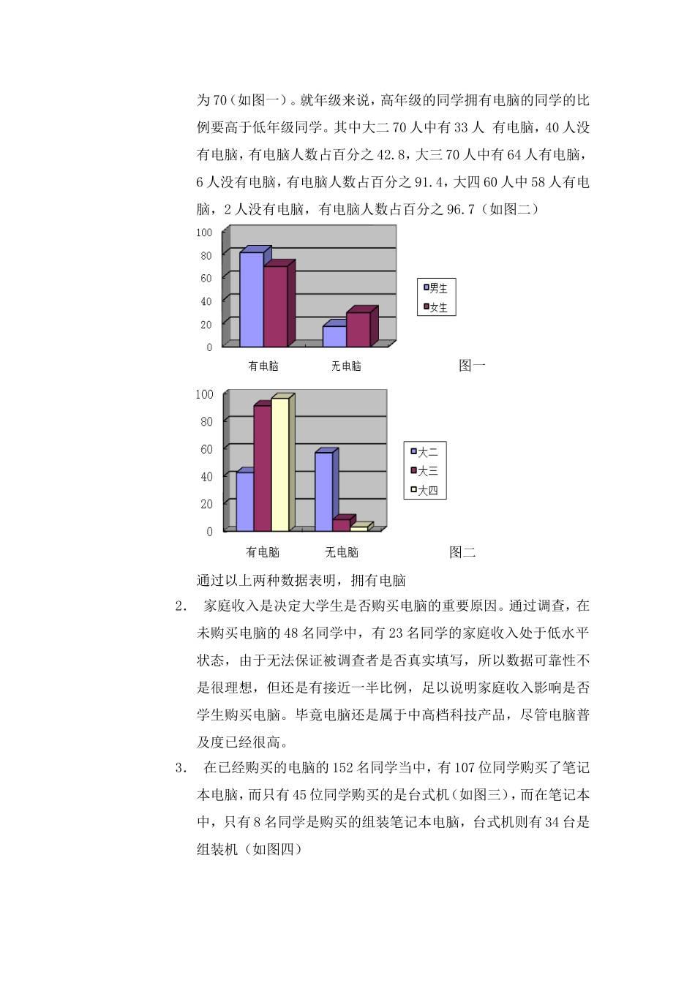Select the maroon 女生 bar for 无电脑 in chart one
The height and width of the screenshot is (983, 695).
[x=358, y=329]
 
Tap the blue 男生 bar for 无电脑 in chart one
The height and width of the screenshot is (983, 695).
[x=334, y=336]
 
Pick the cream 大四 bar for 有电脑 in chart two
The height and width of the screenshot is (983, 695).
[x=280, y=464]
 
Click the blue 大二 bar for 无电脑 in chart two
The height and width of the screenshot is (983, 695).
[x=323, y=491]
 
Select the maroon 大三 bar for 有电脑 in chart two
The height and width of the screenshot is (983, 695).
[x=262, y=467]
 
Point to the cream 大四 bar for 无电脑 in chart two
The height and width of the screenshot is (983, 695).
[x=358, y=528]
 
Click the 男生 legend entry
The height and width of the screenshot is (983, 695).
[x=436, y=288]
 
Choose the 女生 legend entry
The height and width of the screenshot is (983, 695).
[x=436, y=307]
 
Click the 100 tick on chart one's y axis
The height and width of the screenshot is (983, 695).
[x=204, y=233]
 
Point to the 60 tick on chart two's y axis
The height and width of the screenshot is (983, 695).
[x=206, y=449]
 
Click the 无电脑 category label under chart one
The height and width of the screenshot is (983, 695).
[x=346, y=366]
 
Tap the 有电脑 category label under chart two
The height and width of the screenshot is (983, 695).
[x=263, y=552]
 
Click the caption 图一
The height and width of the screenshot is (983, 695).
[x=472, y=366]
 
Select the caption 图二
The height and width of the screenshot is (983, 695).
[x=462, y=552]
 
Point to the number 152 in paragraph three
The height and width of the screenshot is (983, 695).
[x=343, y=768]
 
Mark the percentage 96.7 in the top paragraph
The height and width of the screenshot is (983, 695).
[x=461, y=210]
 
